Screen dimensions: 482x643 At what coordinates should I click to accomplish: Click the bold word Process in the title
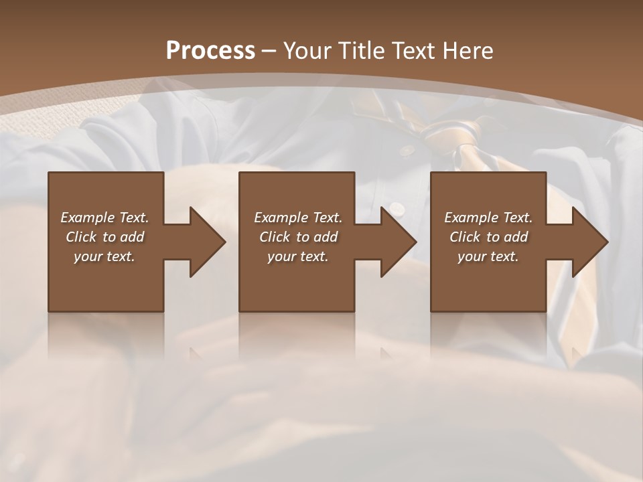(x=210, y=51)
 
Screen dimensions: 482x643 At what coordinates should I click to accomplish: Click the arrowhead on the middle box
(x=398, y=242)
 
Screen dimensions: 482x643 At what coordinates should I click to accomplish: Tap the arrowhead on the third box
(x=589, y=242)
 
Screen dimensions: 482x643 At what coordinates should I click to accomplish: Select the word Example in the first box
(x=88, y=218)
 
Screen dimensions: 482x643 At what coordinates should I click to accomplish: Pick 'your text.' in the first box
(x=104, y=256)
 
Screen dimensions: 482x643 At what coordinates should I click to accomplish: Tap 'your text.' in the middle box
(x=297, y=256)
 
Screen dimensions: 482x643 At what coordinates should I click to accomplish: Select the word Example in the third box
(x=472, y=218)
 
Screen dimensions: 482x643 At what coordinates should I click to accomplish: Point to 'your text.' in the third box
(x=488, y=256)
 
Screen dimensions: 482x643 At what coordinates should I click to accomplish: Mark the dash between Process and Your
(x=269, y=51)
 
